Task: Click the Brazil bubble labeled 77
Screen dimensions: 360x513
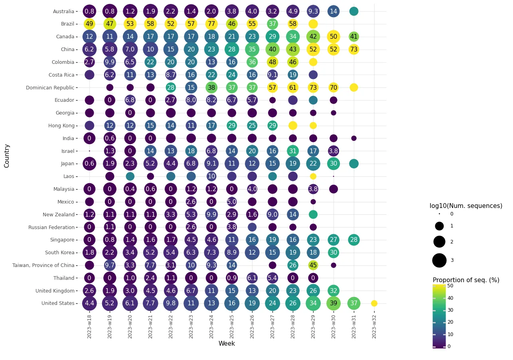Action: click(x=211, y=24)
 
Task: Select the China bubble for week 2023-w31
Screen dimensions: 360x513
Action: click(x=354, y=49)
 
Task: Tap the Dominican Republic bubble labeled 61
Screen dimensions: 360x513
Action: click(x=293, y=87)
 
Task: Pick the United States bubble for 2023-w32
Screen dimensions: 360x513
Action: click(x=374, y=303)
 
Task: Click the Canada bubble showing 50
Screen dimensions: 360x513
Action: click(x=333, y=37)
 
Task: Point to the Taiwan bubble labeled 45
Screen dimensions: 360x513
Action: click(x=313, y=265)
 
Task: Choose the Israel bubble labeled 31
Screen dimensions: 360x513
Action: click(x=293, y=151)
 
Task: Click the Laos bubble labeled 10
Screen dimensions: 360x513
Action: click(x=211, y=176)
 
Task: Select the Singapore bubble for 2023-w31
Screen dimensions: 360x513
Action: click(x=354, y=240)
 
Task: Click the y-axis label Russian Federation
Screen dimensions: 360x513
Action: click(x=51, y=227)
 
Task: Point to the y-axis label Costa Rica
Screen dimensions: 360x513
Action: click(x=61, y=75)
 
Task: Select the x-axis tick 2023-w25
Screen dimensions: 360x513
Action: click(x=232, y=326)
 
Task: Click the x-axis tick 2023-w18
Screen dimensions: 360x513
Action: click(x=89, y=326)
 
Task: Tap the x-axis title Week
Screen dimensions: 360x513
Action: click(x=227, y=344)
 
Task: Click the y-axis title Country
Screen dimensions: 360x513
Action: click(x=7, y=156)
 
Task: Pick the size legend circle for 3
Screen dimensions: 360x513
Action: click(x=439, y=260)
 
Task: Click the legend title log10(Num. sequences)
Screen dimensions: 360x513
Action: click(x=466, y=206)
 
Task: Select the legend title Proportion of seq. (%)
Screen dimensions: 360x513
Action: click(x=466, y=280)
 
